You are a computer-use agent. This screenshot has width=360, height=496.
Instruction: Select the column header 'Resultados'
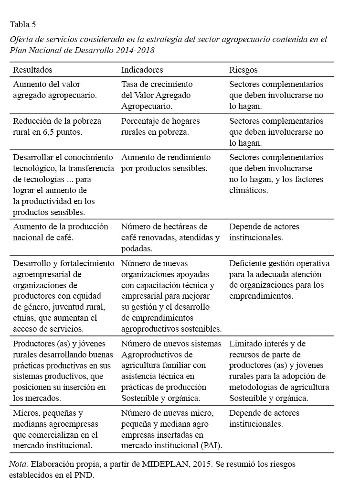tap(32, 70)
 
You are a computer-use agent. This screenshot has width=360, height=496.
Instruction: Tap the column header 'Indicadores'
tap(142, 70)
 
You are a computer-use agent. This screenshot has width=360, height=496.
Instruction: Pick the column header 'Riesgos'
tap(243, 70)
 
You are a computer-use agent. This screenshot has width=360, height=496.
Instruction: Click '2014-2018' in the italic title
tap(135, 50)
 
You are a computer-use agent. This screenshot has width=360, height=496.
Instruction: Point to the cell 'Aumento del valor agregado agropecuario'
tap(55, 89)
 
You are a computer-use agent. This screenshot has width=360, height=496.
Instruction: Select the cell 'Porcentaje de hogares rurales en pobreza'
tap(160, 126)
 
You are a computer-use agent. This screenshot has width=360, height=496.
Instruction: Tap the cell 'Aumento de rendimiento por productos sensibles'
tap(166, 163)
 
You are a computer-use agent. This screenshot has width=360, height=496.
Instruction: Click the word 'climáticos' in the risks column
tap(248, 190)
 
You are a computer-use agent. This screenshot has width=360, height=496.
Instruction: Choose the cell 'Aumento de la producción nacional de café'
tap(61, 231)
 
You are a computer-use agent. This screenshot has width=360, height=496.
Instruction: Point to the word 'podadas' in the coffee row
tap(137, 248)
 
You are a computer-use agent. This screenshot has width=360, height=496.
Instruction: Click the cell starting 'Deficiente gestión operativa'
tap(279, 280)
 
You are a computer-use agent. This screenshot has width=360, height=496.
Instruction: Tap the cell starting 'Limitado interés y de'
tap(279, 370)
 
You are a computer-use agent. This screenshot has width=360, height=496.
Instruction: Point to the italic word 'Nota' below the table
tap(18, 464)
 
